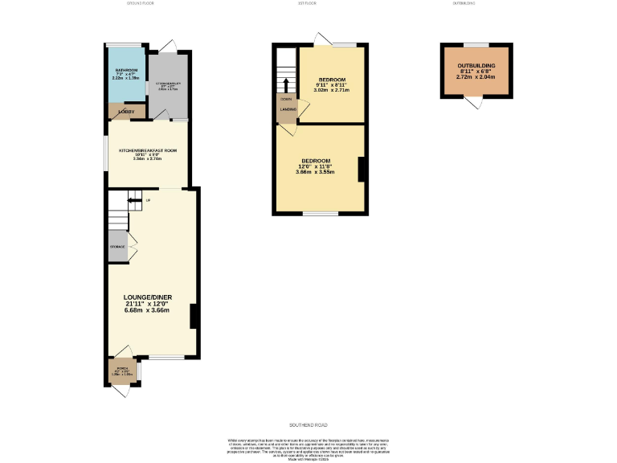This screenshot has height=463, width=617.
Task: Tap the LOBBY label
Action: [125, 111]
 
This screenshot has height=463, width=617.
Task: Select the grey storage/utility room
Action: [168, 80]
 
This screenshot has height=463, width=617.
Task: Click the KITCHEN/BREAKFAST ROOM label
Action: [147, 150]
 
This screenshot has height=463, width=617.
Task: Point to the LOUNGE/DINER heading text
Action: [147, 297]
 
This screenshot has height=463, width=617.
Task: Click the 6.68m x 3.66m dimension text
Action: [147, 310]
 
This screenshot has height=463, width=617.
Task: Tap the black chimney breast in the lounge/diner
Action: [194, 316]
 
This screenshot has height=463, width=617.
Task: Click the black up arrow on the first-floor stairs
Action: [284, 84]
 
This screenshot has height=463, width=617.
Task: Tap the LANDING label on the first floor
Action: [288, 109]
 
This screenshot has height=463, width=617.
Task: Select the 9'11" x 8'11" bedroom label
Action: [332, 86]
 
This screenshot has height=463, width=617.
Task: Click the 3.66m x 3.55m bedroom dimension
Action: [314, 172]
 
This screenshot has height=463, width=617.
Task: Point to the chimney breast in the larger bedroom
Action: [362, 169]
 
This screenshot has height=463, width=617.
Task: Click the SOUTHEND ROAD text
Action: [308, 424]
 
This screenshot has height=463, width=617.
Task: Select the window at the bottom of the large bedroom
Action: [321, 214]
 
